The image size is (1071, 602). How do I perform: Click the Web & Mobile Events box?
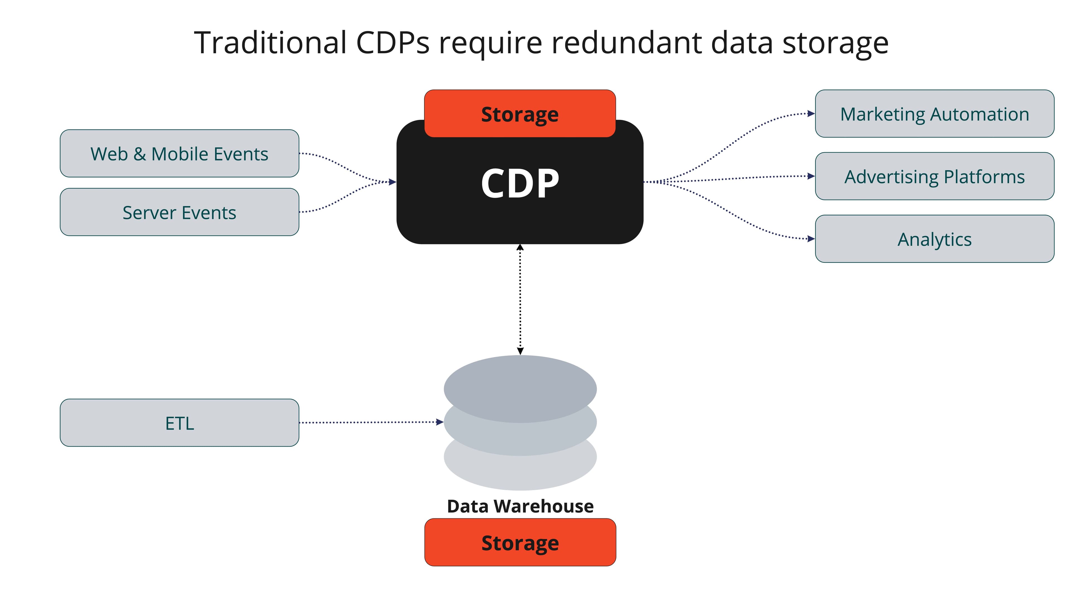179,153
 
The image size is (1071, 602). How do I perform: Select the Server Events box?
179,212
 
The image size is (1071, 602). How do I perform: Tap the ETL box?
179,423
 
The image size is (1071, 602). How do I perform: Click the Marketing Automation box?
934,114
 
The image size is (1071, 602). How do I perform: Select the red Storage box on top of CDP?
520,114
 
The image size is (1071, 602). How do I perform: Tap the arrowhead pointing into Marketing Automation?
811,113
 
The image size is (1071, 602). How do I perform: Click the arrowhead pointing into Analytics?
811,239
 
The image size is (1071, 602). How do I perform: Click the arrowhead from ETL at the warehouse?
440,422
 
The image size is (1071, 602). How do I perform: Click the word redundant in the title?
626,43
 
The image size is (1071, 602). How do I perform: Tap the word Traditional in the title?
270,43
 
